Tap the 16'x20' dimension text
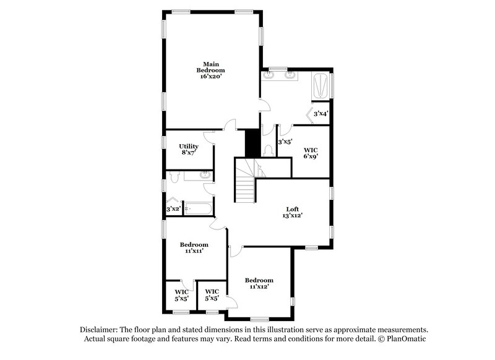click(211, 76)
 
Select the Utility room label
click(189, 147)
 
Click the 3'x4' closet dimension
click(321, 114)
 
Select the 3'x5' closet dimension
click(285, 142)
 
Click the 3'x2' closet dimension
click(173, 209)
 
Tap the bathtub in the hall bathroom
click(197, 209)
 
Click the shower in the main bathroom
click(321, 85)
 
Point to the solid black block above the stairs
click(252, 143)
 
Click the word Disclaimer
click(100, 330)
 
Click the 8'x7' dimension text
click(189, 153)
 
